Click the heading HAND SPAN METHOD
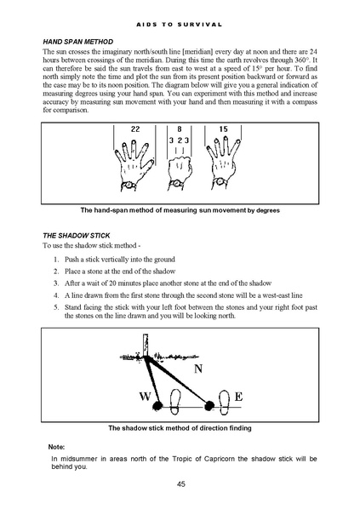78,42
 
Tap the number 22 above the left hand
135,129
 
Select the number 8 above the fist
180,129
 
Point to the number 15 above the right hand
223,129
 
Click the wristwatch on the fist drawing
176,184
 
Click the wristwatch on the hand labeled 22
129,185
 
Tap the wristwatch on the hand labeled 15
220,181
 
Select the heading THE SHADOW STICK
77,236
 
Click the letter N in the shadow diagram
198,369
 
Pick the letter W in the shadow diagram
145,397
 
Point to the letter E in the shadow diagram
238,397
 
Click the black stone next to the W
157,405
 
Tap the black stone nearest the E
209,405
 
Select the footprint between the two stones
175,402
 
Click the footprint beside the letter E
225,403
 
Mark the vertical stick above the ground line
146,345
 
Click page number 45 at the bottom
181,484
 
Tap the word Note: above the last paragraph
56,447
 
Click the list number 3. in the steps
56,283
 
